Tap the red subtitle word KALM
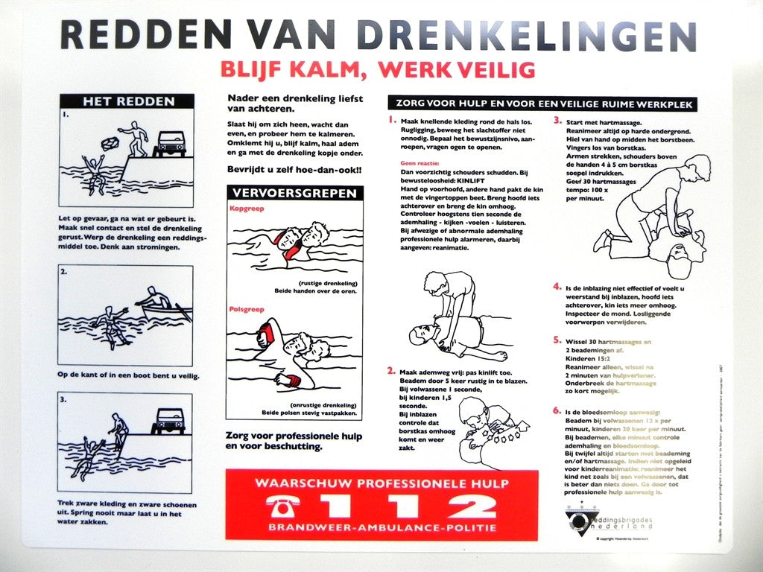pos(332,69)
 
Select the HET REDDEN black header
pos(127,101)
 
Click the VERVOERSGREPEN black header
pos(294,193)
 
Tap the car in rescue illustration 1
pos(170,142)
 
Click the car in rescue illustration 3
pos(168,421)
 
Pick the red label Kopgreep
pos(247,209)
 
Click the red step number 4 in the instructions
pos(557,286)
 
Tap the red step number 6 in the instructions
pos(557,410)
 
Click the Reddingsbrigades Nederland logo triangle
pos(577,518)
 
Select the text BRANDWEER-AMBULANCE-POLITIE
pos(381,528)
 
